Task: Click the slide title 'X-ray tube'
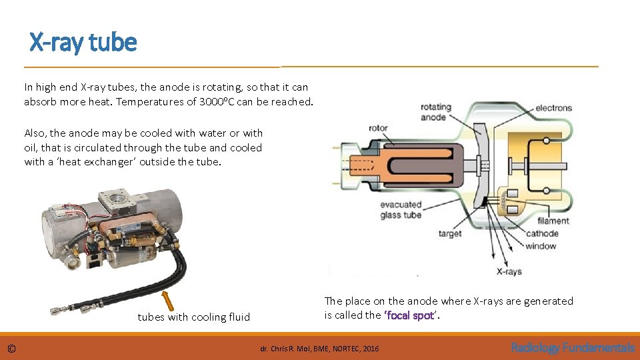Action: [83, 43]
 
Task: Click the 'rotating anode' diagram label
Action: [435, 112]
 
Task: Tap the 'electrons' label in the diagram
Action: [553, 108]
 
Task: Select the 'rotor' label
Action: [378, 128]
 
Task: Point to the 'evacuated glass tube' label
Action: [401, 210]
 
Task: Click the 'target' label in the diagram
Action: [450, 234]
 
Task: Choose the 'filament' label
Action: [553, 221]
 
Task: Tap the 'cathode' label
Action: [542, 233]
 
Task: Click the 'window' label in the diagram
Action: [540, 246]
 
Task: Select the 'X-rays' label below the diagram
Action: [509, 271]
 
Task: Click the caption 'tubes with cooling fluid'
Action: [193, 317]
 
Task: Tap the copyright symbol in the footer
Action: [12, 348]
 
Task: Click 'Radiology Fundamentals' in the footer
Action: [572, 347]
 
